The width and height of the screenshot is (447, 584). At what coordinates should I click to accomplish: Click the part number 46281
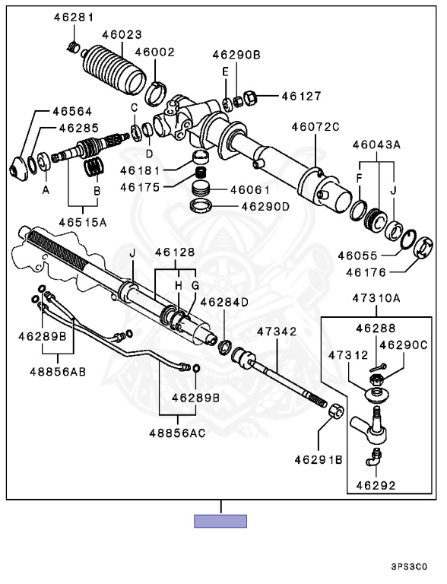(74, 17)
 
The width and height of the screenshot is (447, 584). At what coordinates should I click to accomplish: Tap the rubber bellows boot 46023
(113, 70)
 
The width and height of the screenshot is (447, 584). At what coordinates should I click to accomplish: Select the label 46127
(301, 96)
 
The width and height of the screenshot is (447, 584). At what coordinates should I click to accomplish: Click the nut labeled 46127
(251, 98)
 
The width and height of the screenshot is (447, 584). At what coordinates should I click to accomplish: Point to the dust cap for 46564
(18, 168)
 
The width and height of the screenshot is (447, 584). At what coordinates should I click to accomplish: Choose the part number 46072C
(315, 127)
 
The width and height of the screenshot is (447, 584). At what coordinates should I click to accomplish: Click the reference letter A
(46, 190)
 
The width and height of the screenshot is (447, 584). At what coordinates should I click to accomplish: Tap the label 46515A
(83, 222)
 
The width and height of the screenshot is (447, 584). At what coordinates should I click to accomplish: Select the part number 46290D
(265, 206)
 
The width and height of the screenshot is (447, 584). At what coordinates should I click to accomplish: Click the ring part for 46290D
(201, 205)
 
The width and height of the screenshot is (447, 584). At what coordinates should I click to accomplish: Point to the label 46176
(366, 273)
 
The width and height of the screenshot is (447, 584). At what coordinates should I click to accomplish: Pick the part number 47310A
(376, 298)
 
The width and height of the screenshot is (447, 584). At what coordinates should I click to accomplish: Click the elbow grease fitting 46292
(373, 457)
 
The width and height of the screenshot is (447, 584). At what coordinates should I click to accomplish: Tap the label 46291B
(319, 460)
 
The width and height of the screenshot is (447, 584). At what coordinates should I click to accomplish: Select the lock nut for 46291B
(336, 411)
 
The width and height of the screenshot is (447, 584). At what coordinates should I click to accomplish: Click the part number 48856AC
(177, 433)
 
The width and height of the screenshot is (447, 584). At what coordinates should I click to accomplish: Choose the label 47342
(277, 331)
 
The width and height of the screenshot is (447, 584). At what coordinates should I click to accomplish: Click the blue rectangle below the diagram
(220, 521)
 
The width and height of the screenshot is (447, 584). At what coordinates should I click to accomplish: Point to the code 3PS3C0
(409, 567)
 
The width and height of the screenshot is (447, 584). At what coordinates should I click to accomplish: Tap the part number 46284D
(223, 302)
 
